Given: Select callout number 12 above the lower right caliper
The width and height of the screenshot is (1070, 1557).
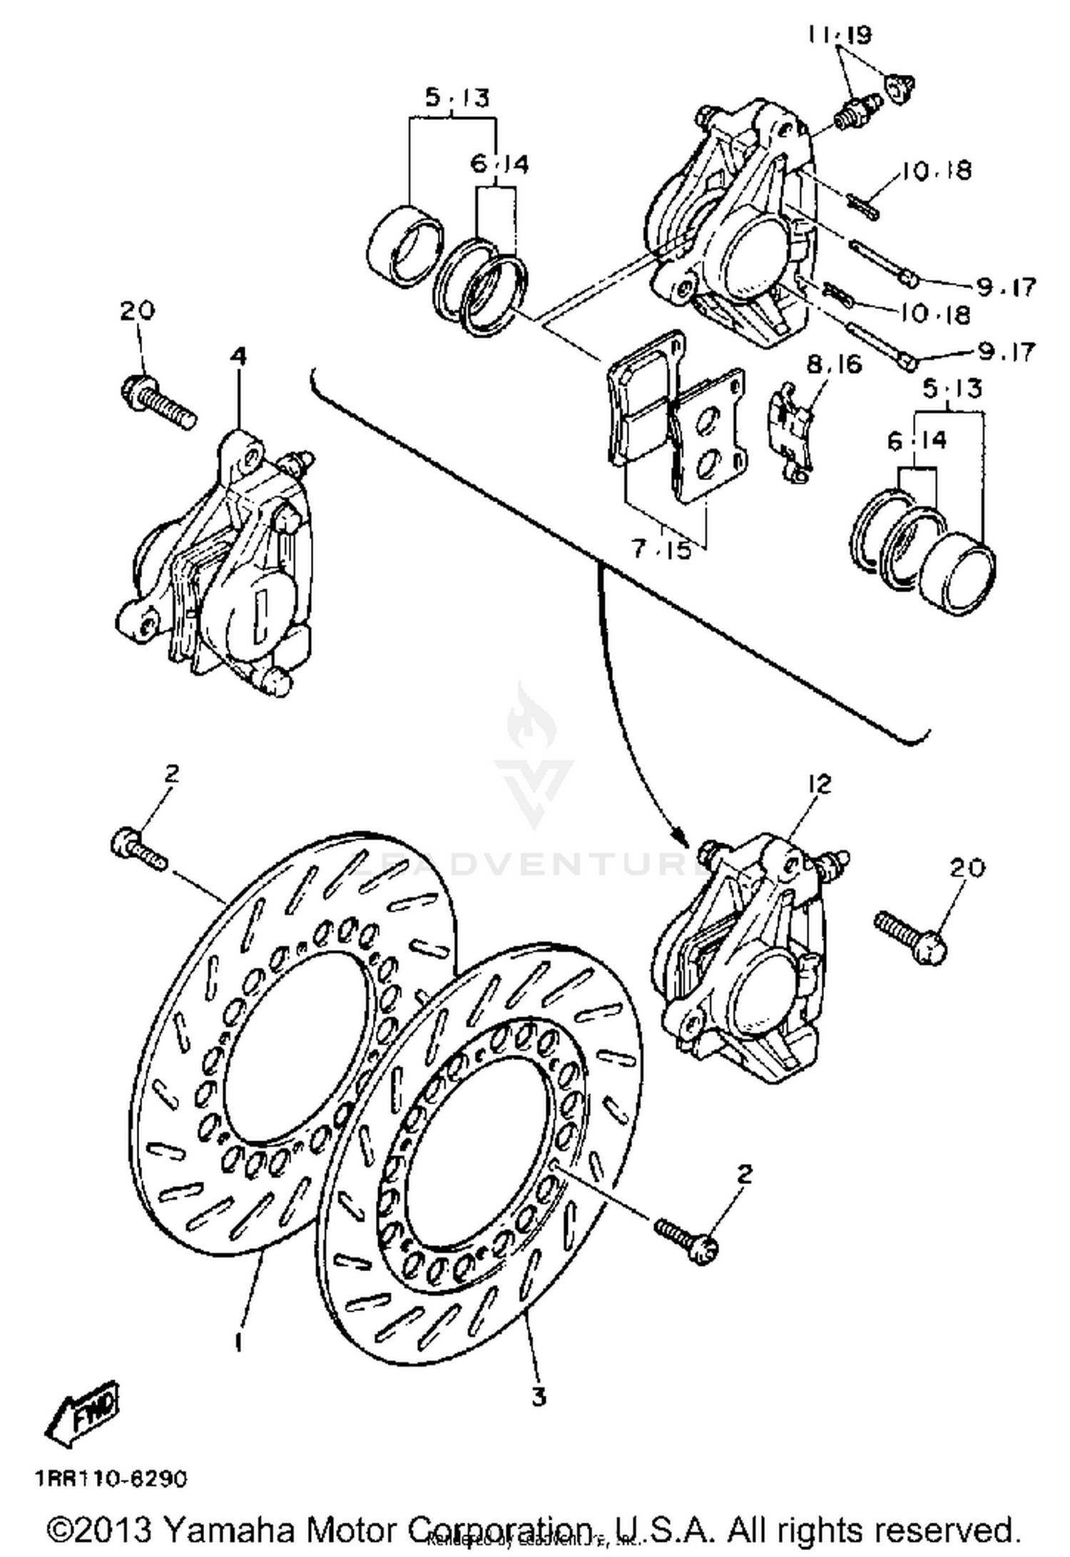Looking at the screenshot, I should (820, 785).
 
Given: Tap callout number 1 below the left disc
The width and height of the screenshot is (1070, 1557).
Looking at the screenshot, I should (239, 1342).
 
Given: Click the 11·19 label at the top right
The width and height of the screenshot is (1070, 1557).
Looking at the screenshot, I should (840, 34).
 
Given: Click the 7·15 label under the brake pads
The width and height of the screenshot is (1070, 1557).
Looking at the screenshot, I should (661, 549).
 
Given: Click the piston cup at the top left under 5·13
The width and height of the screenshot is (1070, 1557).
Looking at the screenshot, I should (403, 245).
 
